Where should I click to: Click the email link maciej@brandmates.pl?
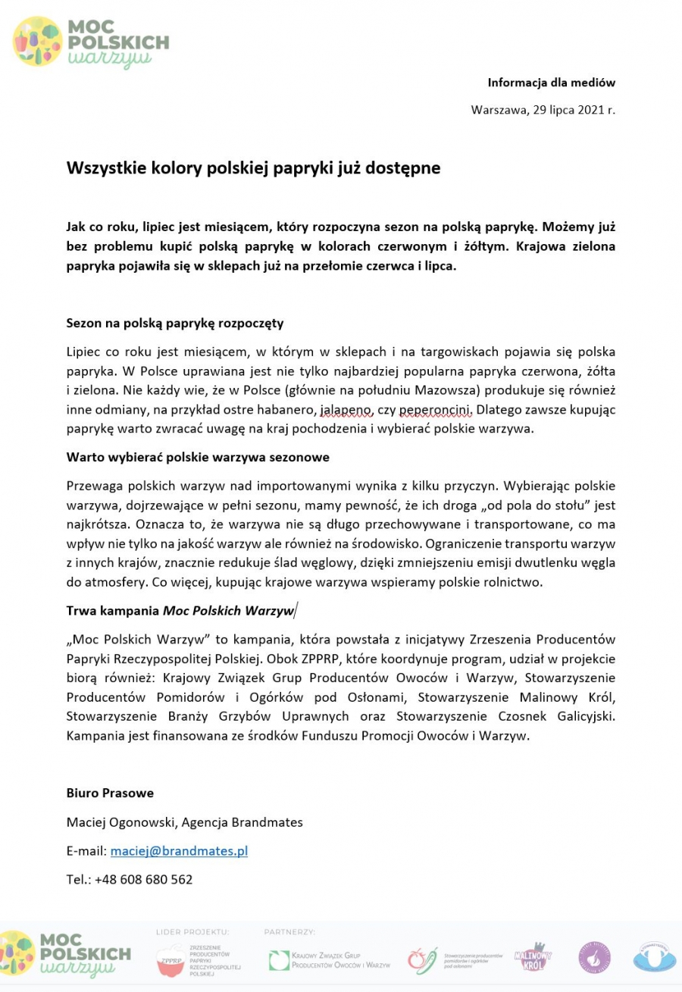point(179,851)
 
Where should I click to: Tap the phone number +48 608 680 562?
point(143,879)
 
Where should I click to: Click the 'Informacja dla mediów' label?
point(551,83)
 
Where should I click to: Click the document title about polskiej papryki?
point(253,168)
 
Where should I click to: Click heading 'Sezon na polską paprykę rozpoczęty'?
point(175,323)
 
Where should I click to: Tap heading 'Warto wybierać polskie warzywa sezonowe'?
point(197,458)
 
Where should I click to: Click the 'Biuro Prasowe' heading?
point(110,793)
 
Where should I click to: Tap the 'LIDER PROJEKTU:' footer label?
point(192,932)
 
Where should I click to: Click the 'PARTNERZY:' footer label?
point(289,932)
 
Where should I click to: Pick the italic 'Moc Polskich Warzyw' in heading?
point(228,609)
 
